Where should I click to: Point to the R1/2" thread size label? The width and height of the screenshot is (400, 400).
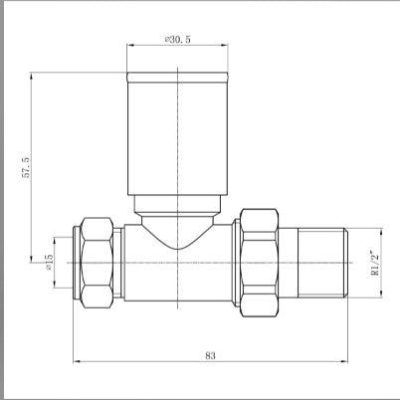(x=373, y=261)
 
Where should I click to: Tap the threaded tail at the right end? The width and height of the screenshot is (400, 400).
(x=319, y=261)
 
